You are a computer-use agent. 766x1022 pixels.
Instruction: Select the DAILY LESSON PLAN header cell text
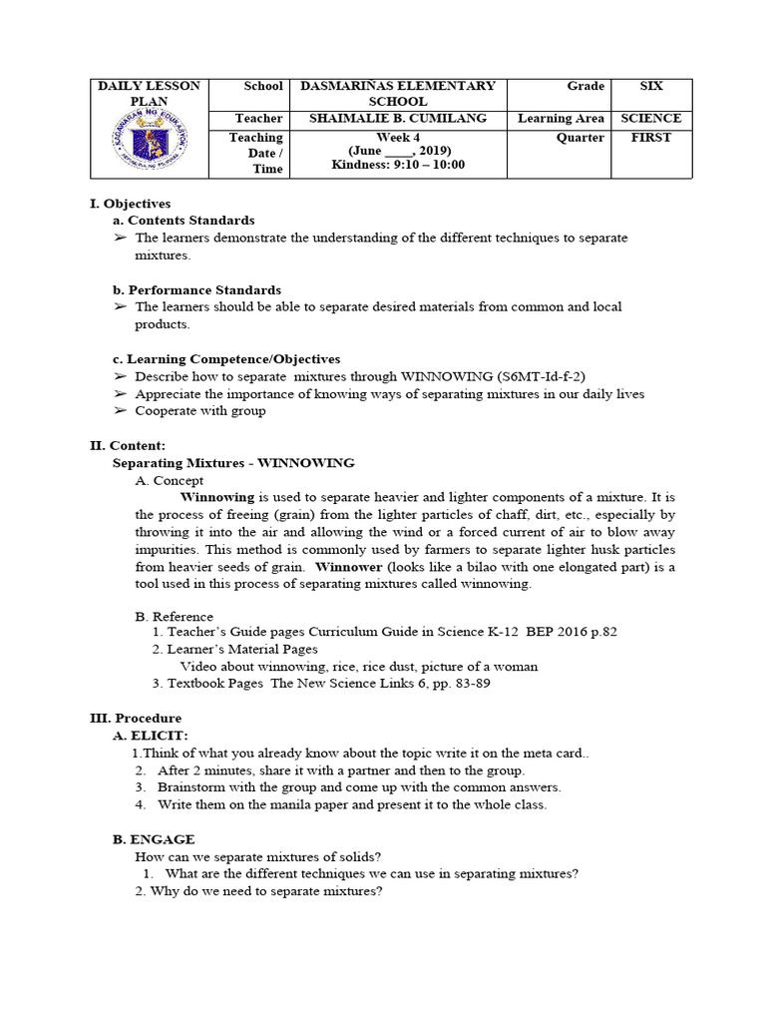[149, 94]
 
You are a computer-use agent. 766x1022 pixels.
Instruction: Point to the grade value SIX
[650, 87]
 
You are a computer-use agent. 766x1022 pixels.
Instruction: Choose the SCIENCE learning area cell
[650, 118]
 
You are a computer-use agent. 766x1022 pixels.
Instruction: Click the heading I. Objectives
[130, 203]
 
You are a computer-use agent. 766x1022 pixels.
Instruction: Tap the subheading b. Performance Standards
[196, 289]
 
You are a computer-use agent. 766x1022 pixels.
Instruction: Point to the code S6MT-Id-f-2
[546, 376]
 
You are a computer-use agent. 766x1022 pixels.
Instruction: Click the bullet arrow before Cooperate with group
[120, 410]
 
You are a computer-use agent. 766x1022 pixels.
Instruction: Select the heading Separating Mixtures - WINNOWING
[233, 463]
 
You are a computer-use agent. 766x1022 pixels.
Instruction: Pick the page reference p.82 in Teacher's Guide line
[605, 633]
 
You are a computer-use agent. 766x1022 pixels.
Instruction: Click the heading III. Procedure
[136, 718]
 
